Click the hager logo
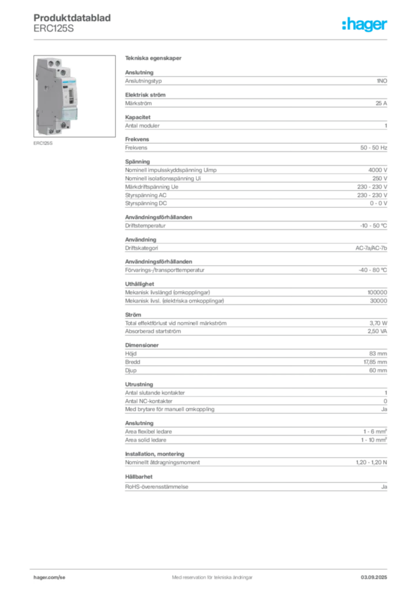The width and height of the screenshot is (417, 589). tap(364, 24)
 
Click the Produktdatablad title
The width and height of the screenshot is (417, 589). tap(72, 18)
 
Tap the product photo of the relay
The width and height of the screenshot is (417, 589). tap(74, 96)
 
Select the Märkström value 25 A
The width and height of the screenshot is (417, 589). tap(381, 104)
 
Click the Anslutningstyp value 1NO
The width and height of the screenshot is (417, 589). tap(382, 81)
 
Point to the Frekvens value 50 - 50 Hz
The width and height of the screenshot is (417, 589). tap(374, 148)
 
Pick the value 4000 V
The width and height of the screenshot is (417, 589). tap(377, 170)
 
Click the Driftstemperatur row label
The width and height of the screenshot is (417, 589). tap(145, 225)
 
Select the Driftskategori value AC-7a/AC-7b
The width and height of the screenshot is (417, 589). tap(371, 248)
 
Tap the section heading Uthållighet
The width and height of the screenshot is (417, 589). tap(139, 284)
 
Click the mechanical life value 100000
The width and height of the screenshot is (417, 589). tap(377, 292)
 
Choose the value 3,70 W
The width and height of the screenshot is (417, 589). tap(378, 323)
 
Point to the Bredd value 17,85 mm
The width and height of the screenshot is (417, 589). tap(376, 362)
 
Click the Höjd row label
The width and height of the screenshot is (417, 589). tap(131, 354)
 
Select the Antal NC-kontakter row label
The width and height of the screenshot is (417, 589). tap(149, 401)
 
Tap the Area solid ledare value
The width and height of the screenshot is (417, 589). tap(374, 440)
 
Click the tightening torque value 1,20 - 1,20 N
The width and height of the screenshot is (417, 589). tap(371, 462)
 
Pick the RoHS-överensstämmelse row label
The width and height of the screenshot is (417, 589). tap(157, 487)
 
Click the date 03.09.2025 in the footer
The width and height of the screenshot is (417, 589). tap(374, 577)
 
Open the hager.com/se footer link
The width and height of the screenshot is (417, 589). tap(50, 577)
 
